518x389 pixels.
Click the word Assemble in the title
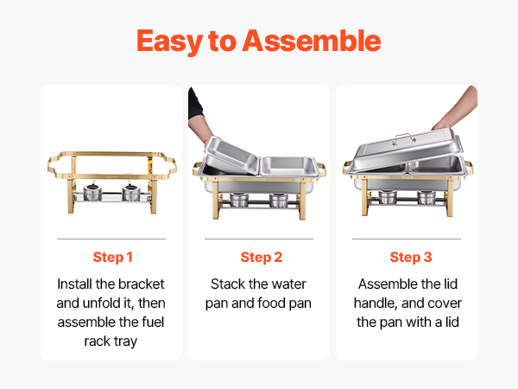[x=312, y=41]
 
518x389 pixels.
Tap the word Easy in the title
[x=170, y=41]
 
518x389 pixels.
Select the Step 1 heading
[x=112, y=257]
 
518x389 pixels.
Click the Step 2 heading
[x=262, y=257]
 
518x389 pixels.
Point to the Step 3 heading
[x=411, y=257]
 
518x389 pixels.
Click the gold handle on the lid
[x=404, y=138]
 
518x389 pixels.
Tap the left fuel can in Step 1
[x=92, y=193]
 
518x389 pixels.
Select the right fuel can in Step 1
[x=131, y=193]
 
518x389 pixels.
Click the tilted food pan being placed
[x=231, y=156]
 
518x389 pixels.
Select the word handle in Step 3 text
[x=376, y=303]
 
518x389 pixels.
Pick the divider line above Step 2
[x=259, y=239]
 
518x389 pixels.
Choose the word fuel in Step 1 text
[x=153, y=322]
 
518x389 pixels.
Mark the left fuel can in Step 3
[x=388, y=197]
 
